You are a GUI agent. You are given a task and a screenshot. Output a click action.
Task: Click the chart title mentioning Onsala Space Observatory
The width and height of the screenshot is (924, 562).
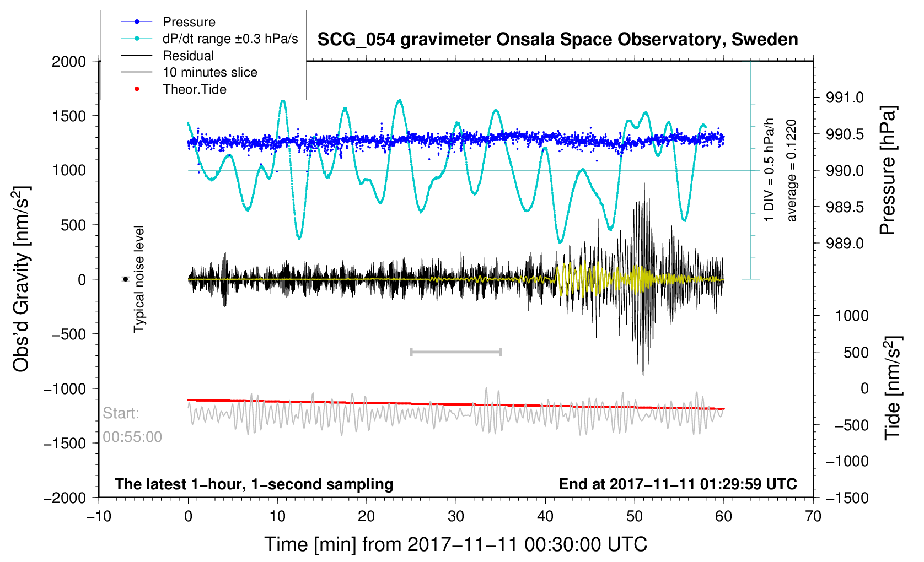pyautogui.click(x=558, y=40)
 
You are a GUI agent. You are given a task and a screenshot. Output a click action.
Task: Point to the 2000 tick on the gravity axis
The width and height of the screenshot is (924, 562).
pyautogui.click(x=69, y=62)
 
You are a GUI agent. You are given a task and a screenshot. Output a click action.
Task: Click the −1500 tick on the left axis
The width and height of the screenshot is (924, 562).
pyautogui.click(x=65, y=443)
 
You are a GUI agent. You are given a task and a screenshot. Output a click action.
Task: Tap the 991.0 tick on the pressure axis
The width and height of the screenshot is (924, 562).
pyautogui.click(x=845, y=98)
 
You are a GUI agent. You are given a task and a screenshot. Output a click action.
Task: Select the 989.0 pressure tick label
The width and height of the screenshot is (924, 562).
pyautogui.click(x=845, y=244)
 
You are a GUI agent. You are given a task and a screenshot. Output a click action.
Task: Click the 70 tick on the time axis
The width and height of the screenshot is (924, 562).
pyautogui.click(x=813, y=516)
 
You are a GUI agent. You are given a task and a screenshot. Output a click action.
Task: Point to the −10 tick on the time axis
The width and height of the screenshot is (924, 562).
pyautogui.click(x=99, y=516)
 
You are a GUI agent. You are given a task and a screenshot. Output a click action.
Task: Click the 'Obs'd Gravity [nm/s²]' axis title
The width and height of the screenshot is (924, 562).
pyautogui.click(x=21, y=279)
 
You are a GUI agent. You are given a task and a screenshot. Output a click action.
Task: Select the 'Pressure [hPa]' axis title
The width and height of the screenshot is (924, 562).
pyautogui.click(x=888, y=171)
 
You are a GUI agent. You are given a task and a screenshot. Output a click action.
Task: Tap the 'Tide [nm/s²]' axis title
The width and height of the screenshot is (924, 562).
pyautogui.click(x=893, y=388)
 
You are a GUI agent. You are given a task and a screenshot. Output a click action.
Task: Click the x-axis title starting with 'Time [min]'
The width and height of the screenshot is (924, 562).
pyautogui.click(x=455, y=545)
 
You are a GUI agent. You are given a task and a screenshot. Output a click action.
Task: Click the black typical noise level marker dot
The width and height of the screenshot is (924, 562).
pyautogui.click(x=125, y=279)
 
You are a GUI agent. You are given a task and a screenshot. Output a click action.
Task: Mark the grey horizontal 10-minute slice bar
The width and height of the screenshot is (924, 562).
pyautogui.click(x=456, y=352)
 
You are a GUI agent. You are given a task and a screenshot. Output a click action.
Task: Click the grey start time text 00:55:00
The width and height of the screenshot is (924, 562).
pyautogui.click(x=132, y=437)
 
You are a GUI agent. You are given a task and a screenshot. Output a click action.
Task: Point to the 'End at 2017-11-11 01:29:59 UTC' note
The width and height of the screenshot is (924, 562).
pyautogui.click(x=678, y=484)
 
